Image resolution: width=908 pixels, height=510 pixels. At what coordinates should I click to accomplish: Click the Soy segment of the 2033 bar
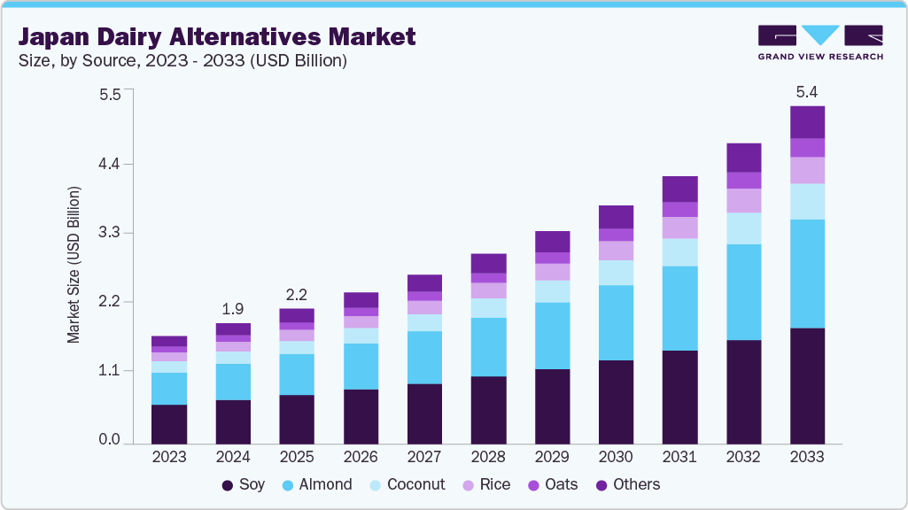[807, 385]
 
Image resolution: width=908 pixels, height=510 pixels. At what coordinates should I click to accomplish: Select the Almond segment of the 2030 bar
[616, 322]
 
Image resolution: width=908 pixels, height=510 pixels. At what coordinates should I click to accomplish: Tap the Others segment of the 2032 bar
[743, 158]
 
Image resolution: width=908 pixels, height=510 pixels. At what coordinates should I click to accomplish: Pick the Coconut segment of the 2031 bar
[679, 252]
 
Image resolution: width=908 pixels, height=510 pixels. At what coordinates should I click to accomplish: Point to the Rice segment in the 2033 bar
[807, 170]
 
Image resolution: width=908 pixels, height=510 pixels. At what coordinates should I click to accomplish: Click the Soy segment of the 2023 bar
[169, 423]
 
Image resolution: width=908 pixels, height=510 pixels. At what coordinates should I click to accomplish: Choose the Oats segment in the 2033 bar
[807, 147]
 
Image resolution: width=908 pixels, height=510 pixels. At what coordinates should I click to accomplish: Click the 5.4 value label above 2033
[807, 91]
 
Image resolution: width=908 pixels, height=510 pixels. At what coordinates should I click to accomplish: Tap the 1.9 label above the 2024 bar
[233, 309]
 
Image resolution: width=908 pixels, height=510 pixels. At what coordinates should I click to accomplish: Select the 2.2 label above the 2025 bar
[297, 294]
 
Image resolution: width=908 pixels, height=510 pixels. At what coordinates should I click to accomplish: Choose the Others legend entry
[627, 484]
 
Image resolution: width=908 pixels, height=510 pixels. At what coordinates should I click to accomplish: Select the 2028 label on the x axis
[488, 458]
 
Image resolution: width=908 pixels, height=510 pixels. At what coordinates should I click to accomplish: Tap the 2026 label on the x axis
[361, 458]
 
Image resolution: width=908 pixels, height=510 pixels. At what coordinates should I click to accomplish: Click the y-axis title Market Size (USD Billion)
[74, 265]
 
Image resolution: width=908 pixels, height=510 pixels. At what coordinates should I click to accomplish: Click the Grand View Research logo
[819, 42]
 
